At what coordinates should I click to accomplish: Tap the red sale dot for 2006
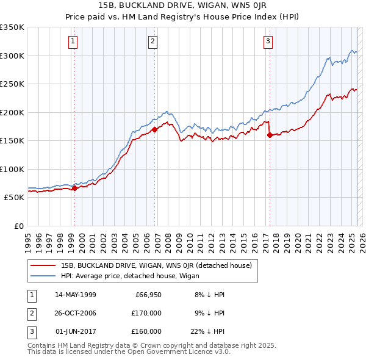point(155,129)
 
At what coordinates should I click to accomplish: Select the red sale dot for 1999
point(74,188)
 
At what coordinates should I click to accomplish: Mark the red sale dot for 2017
point(270,135)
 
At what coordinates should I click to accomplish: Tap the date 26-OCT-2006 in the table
point(76,313)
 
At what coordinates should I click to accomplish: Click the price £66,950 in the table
point(147,295)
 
